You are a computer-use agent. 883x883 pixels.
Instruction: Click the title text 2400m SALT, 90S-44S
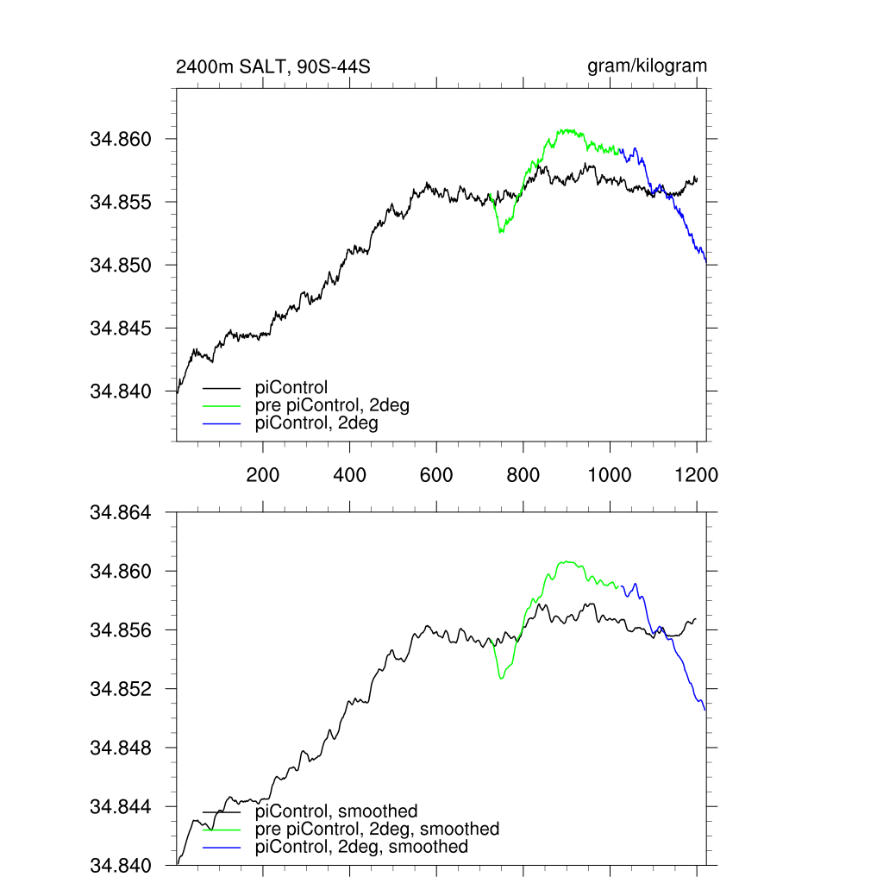pyautogui.click(x=272, y=66)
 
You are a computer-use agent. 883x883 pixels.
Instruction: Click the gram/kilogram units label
pyautogui.click(x=647, y=66)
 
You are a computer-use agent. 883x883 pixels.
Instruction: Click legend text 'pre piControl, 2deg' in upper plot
pyautogui.click(x=333, y=406)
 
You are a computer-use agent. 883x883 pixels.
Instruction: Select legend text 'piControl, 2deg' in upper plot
pyautogui.click(x=317, y=423)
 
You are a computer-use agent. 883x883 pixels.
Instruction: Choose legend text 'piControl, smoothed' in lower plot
pyautogui.click(x=337, y=811)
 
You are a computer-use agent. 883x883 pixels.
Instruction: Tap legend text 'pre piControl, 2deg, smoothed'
pyautogui.click(x=378, y=829)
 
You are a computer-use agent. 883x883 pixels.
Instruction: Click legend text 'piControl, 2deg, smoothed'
pyautogui.click(x=362, y=847)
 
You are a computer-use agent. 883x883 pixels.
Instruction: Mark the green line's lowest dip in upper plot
pyautogui.click(x=501, y=232)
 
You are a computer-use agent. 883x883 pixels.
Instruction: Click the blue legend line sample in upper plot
pyautogui.click(x=221, y=423)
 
